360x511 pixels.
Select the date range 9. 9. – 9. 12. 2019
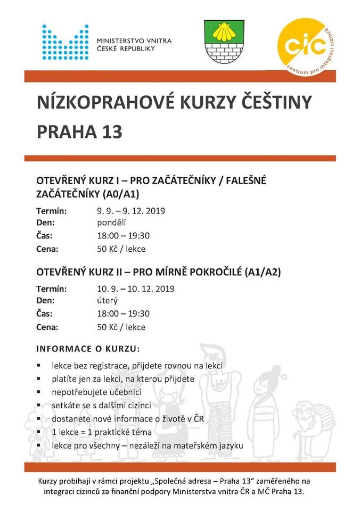click(131, 210)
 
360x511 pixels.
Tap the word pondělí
click(112, 223)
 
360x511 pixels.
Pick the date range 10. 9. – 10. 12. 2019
click(135, 289)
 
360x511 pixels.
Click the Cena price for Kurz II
click(121, 327)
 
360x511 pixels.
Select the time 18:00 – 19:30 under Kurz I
click(123, 236)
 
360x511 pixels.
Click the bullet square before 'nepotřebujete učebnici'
click(39, 392)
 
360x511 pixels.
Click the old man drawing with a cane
click(307, 421)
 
